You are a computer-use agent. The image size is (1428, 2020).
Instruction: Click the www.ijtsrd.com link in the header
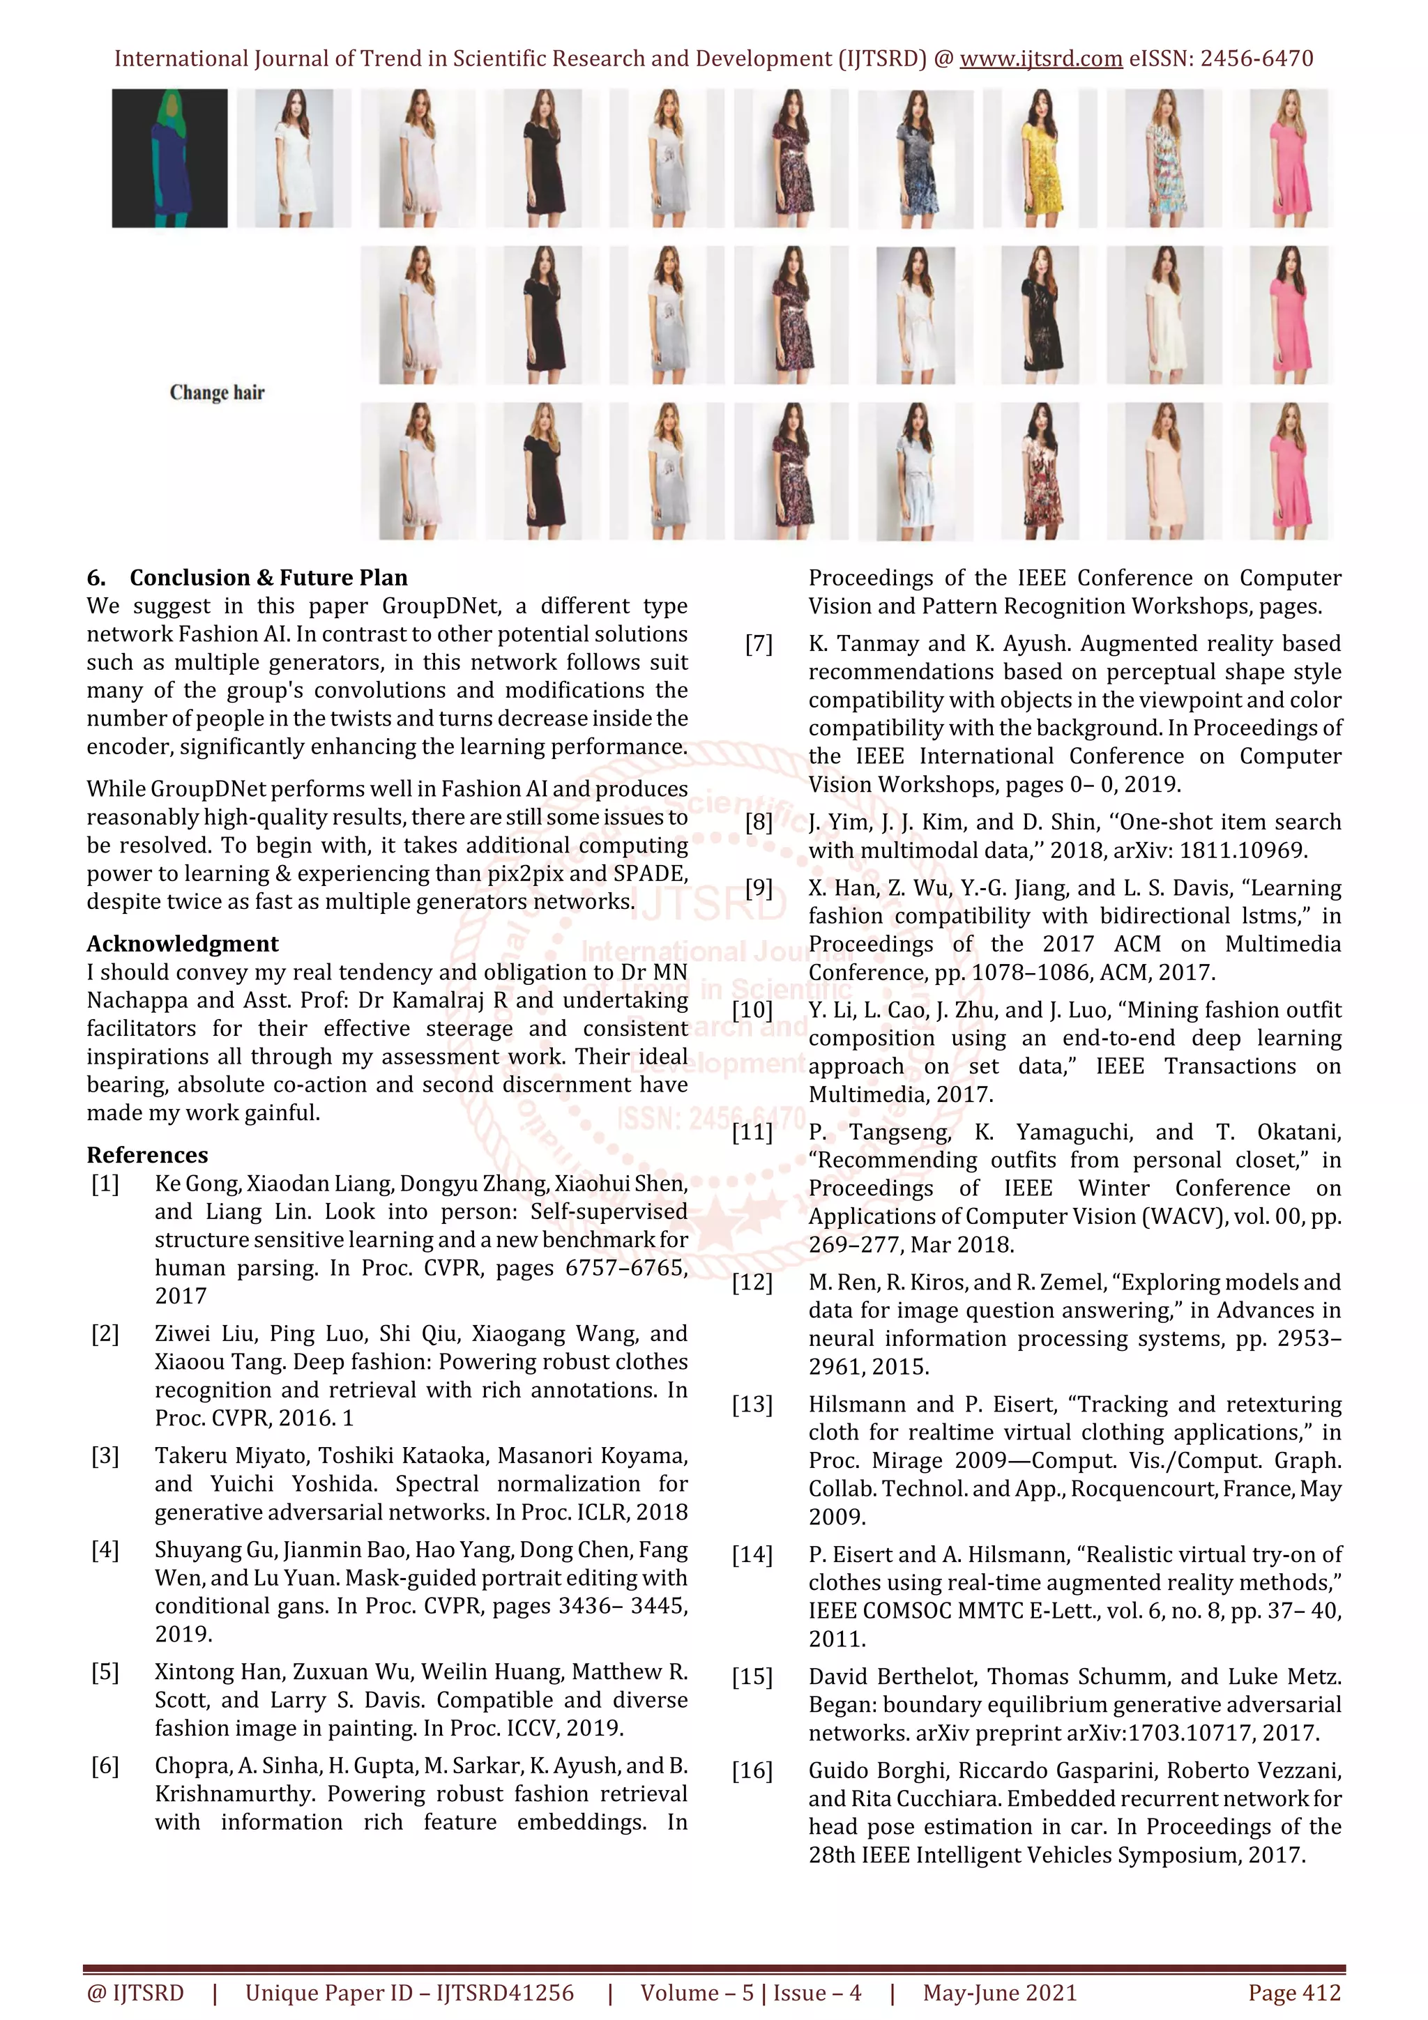[1040, 59]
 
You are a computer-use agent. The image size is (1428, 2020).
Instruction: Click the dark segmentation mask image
[169, 158]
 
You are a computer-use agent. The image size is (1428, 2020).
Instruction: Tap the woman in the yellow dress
[1040, 158]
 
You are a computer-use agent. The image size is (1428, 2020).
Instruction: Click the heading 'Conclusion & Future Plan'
[268, 578]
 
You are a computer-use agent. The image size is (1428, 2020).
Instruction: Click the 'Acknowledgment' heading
[182, 944]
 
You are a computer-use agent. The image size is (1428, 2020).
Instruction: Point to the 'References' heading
[147, 1155]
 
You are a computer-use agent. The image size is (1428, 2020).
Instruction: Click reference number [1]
[105, 1184]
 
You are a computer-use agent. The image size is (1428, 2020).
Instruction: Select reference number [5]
[105, 1672]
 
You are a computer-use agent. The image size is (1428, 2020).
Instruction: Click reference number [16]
[752, 1771]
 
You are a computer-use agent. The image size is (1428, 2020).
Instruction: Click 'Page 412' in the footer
[1293, 1993]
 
